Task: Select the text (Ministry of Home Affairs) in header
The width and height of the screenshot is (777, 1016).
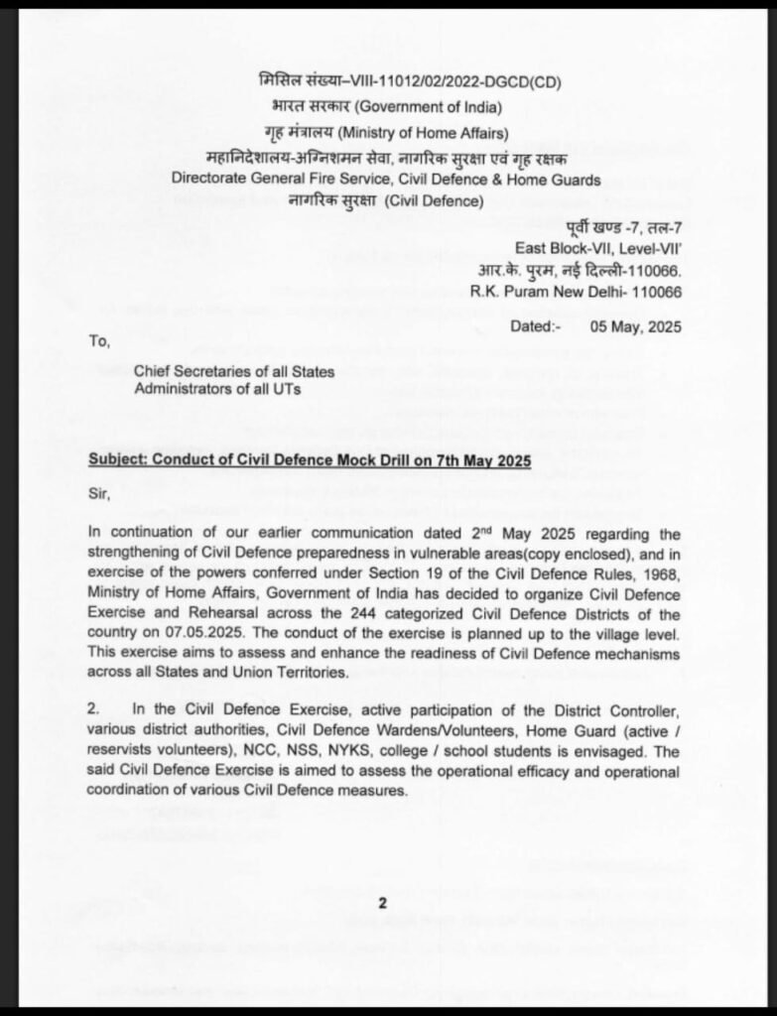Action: point(424,133)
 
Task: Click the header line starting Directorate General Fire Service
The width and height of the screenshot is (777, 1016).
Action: point(386,180)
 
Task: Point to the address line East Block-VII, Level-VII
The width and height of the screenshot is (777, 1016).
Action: point(598,247)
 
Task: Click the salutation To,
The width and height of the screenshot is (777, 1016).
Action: point(100,341)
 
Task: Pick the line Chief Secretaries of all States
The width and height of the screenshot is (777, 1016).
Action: point(235,371)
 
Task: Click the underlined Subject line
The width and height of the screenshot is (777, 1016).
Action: point(310,461)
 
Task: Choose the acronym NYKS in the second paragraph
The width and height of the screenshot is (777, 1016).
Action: point(320,753)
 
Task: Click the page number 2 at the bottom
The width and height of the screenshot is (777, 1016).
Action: point(381,903)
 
